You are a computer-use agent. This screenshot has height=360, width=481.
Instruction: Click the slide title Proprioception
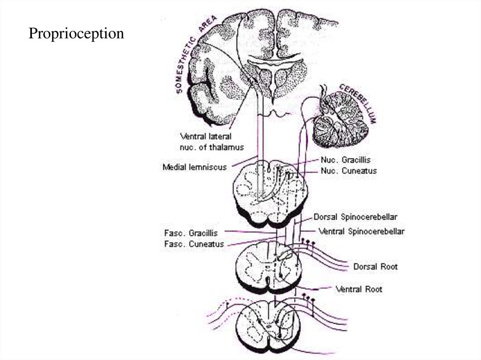(x=76, y=34)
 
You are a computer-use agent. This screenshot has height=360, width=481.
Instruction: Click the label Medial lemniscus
(x=194, y=167)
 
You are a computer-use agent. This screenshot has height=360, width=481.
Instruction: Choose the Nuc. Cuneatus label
(x=349, y=171)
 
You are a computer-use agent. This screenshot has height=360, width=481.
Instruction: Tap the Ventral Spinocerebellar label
(x=361, y=231)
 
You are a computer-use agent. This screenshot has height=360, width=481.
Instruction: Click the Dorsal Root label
(x=375, y=267)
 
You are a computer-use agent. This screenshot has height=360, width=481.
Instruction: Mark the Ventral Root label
(x=359, y=289)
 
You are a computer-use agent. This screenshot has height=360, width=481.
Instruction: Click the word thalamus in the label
(x=228, y=147)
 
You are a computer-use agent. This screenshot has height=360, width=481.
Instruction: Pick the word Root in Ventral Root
(x=373, y=289)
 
